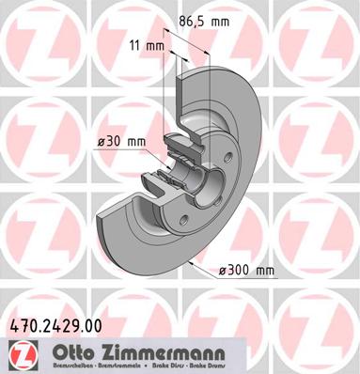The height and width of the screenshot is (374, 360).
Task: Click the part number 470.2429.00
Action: tap(55, 326)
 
